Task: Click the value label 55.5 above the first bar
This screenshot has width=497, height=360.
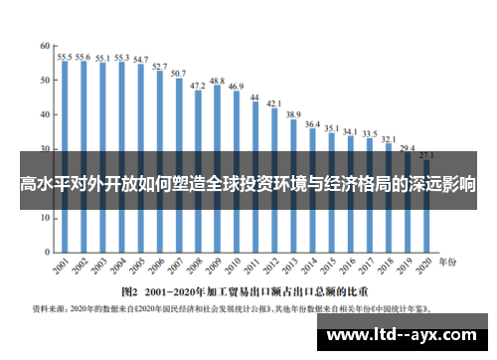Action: pyautogui.click(x=65, y=57)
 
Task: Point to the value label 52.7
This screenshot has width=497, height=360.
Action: pyautogui.click(x=160, y=66)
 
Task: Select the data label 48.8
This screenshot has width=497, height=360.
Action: pyautogui.click(x=217, y=80)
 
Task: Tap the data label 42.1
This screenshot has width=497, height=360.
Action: pyautogui.click(x=274, y=103)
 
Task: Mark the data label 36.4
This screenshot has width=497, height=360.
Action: pyautogui.click(x=312, y=124)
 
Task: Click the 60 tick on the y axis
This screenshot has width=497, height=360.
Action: pyautogui.click(x=45, y=46)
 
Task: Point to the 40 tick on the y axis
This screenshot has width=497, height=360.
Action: pyautogui.click(x=45, y=114)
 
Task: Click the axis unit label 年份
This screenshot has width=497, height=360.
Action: pyautogui.click(x=450, y=262)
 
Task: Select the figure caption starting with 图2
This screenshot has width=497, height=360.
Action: pyautogui.click(x=245, y=292)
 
